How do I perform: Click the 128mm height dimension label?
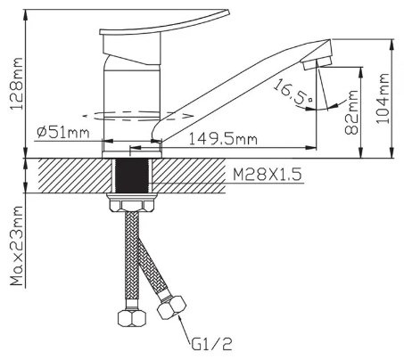pos(16,84)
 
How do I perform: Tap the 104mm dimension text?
pos(383,98)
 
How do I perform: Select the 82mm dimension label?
pos(351,112)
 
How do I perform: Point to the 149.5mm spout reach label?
pos(223,139)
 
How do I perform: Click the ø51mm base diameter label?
pos(63,133)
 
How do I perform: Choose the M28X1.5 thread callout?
pos(268,175)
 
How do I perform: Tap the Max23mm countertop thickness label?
pos(17,246)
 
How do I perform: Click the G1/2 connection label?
pos(211,345)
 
